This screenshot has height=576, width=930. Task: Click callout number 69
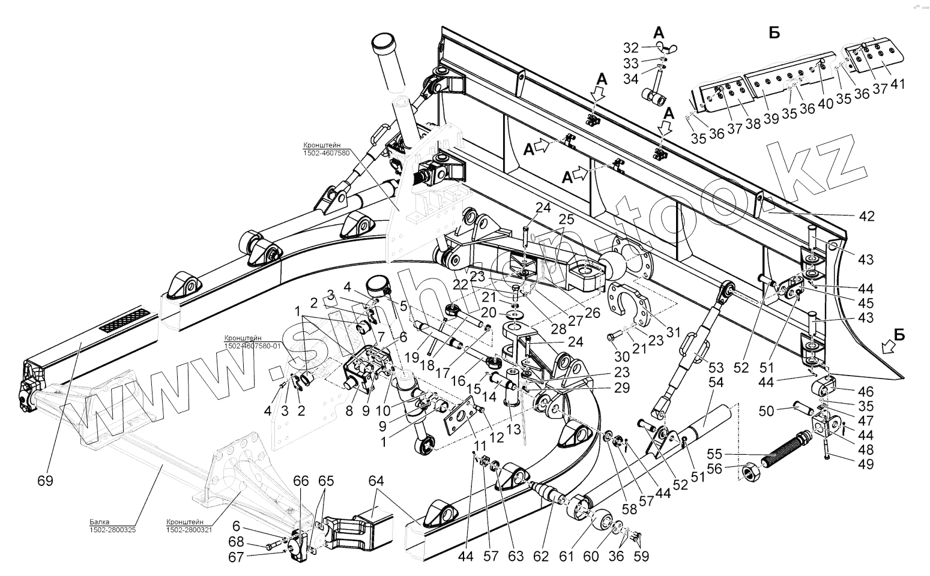click(x=46, y=481)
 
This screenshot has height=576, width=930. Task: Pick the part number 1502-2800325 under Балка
click(x=113, y=530)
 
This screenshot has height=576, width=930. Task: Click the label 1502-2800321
click(x=189, y=530)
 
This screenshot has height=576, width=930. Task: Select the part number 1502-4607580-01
click(x=252, y=346)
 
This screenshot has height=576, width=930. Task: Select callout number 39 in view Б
click(x=771, y=119)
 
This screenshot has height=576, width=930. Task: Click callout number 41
click(x=898, y=84)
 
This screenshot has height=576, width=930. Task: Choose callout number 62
click(x=541, y=556)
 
